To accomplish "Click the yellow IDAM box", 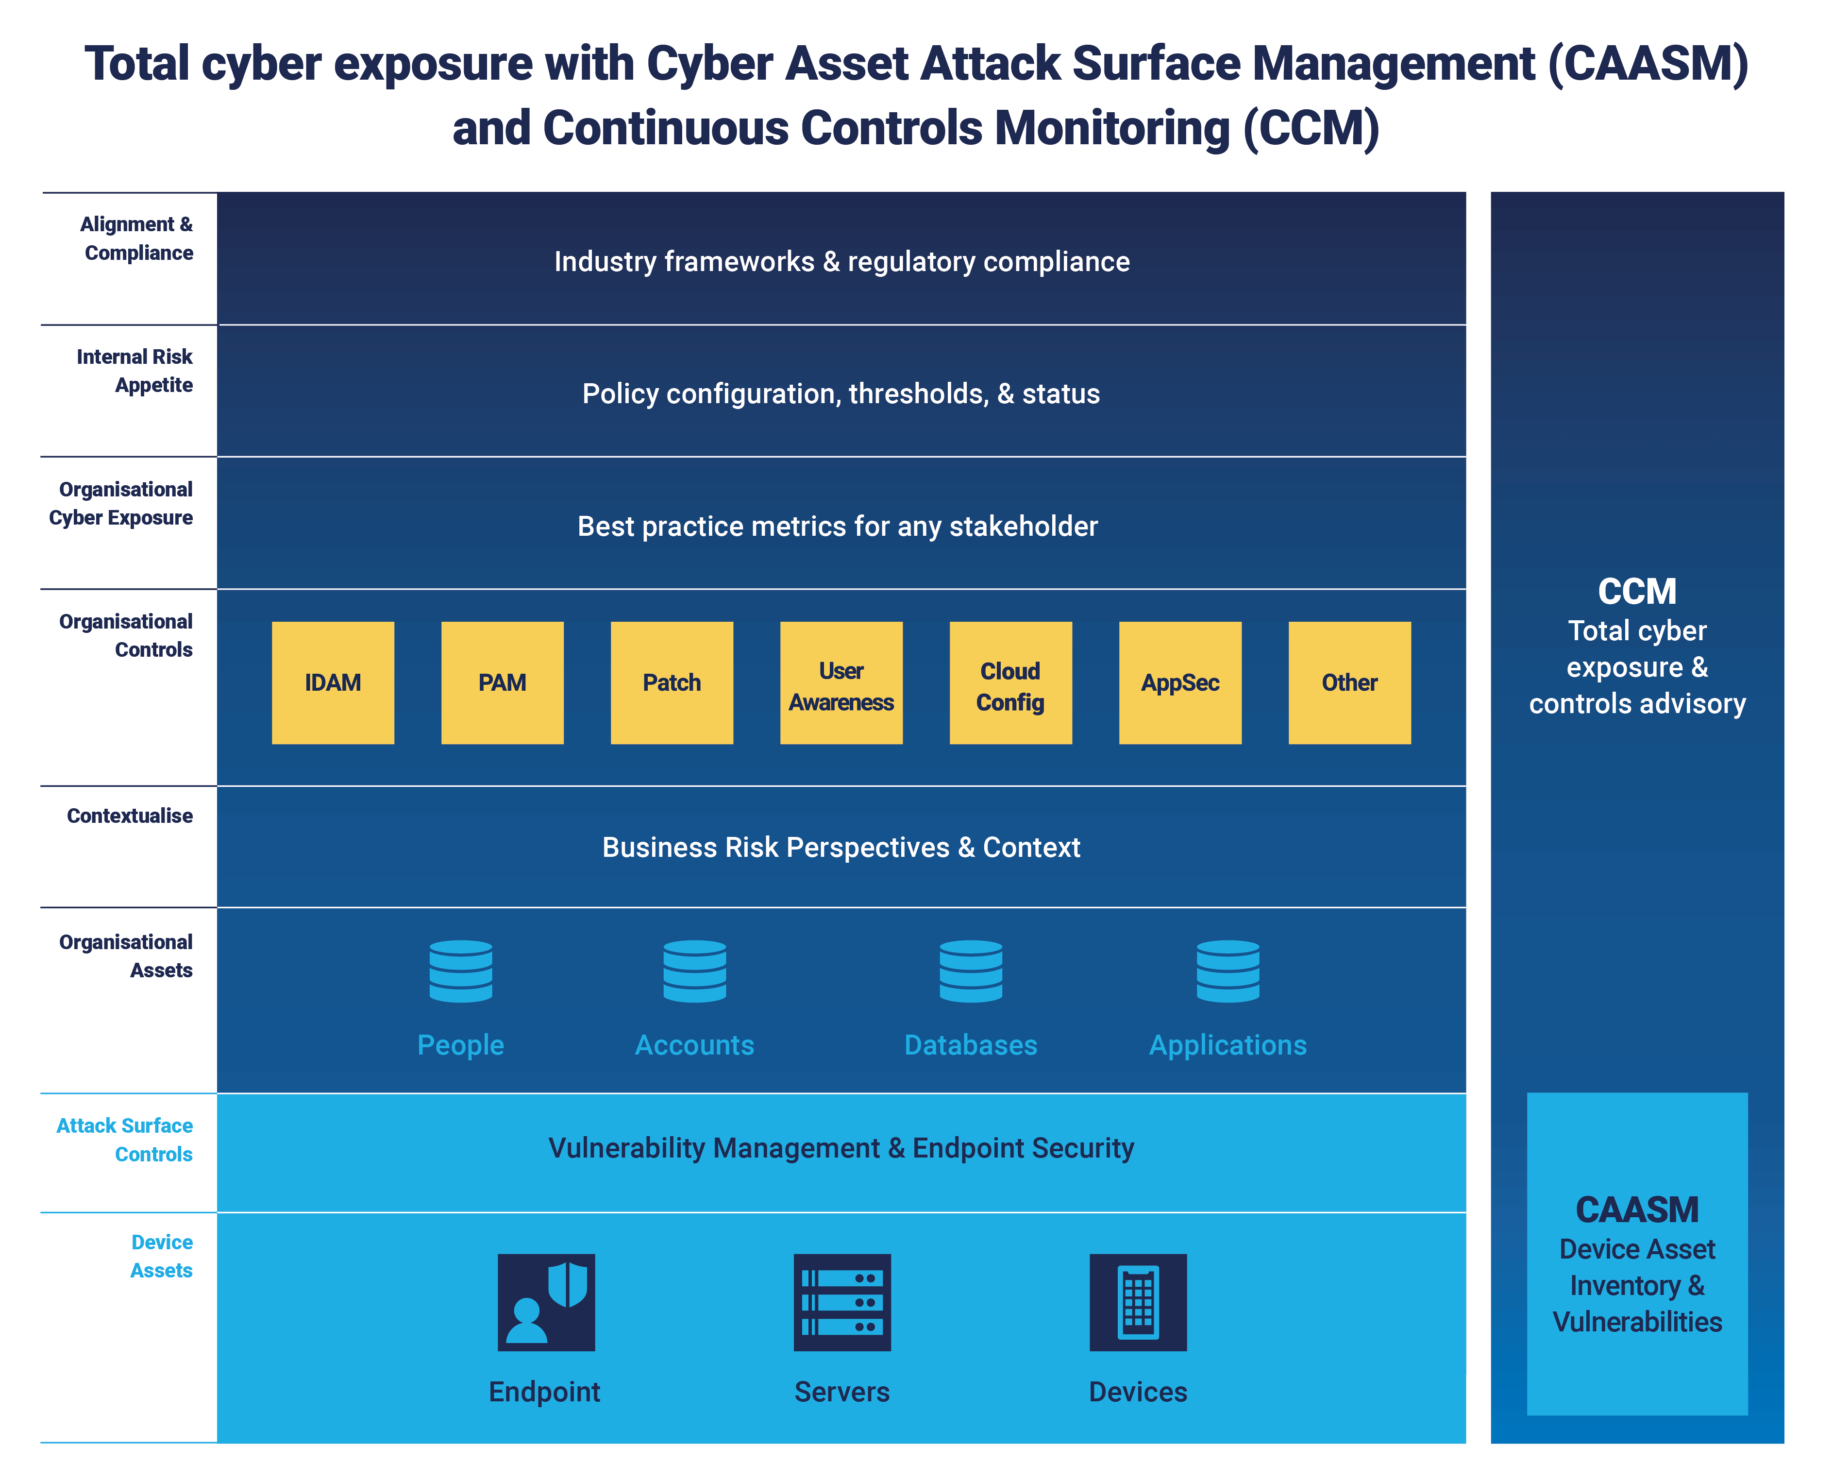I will pyautogui.click(x=333, y=682).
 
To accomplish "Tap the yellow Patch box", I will pyautogui.click(x=671, y=682).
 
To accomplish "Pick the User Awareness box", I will pyautogui.click(x=841, y=682).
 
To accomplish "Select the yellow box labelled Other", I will pyautogui.click(x=1349, y=682).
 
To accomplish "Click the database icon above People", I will pyautogui.click(x=461, y=971).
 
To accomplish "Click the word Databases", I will pyautogui.click(x=971, y=1045).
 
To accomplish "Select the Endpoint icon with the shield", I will pyautogui.click(x=546, y=1302).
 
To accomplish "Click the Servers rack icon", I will pyautogui.click(x=842, y=1302).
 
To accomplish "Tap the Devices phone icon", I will pyautogui.click(x=1138, y=1302).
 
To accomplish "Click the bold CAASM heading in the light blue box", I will pyautogui.click(x=1637, y=1209).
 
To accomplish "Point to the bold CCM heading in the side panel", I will pyautogui.click(x=1637, y=591).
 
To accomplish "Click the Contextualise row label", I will pyautogui.click(x=130, y=816).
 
